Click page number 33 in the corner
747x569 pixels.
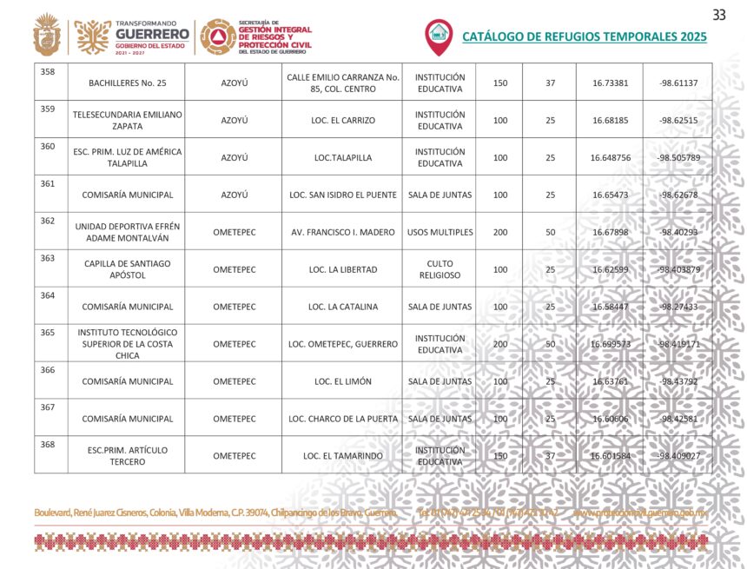click(718, 15)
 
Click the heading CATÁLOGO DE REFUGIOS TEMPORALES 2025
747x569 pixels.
click(584, 36)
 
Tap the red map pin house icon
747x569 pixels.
click(439, 36)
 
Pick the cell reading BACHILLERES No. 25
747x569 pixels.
click(128, 83)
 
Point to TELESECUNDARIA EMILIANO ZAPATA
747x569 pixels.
click(128, 120)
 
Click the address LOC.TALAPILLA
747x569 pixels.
click(342, 157)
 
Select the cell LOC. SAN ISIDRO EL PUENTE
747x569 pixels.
click(342, 195)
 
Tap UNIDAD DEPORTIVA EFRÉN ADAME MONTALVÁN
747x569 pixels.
click(128, 232)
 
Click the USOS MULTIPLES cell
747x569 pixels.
click(440, 232)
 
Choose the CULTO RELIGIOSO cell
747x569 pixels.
click(440, 269)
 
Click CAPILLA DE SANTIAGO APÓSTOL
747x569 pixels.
click(128, 269)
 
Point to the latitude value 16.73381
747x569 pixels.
click(610, 83)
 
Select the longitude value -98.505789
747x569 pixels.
click(678, 157)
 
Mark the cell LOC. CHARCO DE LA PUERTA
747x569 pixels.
click(342, 419)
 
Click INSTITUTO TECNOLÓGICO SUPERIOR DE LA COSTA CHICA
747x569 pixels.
click(128, 343)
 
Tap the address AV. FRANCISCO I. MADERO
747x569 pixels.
click(342, 232)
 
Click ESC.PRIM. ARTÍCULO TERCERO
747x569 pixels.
click(128, 456)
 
